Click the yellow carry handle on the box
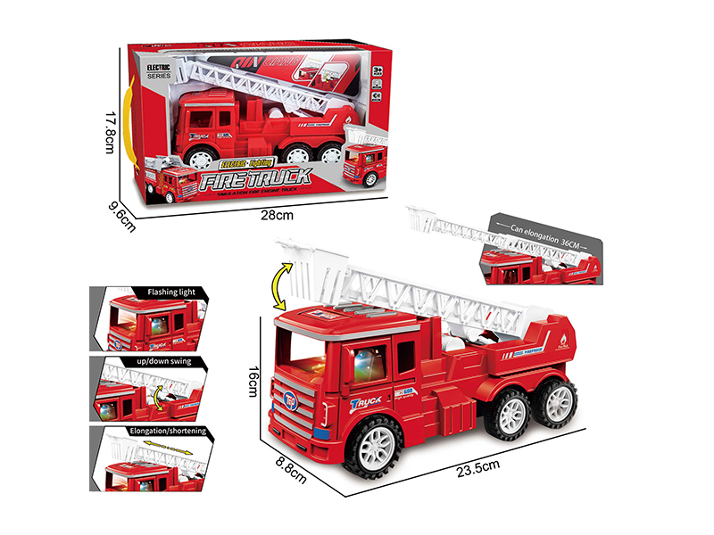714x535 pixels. click(135, 116)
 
